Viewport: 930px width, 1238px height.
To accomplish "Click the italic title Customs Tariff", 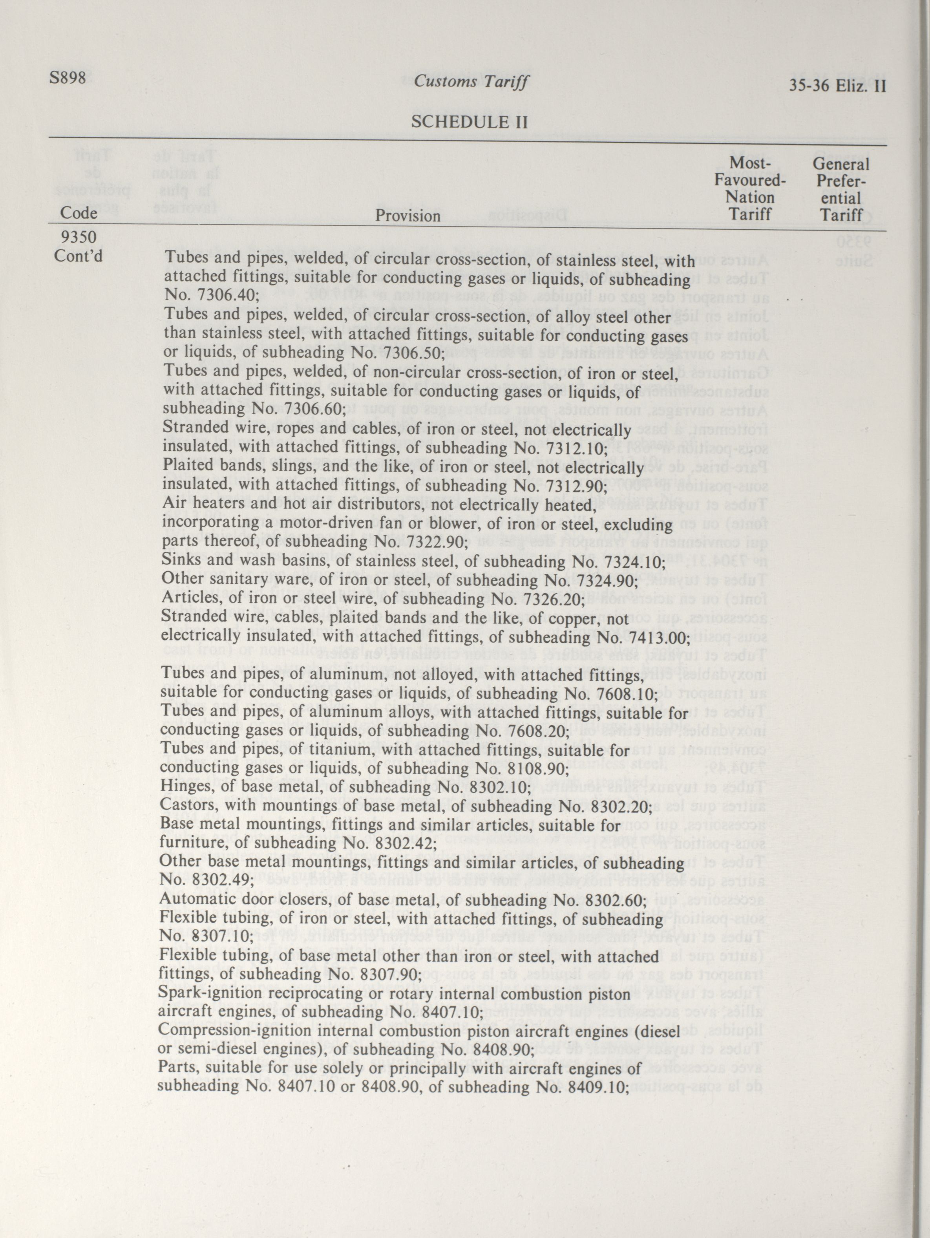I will tap(471, 82).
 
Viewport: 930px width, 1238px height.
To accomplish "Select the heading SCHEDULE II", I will tap(470, 122).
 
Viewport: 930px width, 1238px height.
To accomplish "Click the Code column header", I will tap(79, 213).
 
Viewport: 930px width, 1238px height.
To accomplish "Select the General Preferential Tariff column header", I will tap(841, 189).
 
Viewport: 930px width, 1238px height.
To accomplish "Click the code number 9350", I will tap(79, 238).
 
